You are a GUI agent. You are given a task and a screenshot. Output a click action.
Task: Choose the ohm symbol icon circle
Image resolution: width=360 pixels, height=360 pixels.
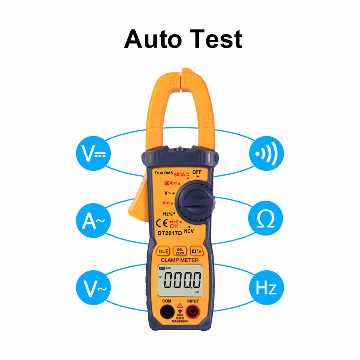[266, 220]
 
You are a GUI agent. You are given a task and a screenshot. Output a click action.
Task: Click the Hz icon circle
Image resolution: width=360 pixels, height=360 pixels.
[266, 287]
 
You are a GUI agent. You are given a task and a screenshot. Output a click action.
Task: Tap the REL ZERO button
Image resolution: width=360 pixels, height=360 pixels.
[180, 251]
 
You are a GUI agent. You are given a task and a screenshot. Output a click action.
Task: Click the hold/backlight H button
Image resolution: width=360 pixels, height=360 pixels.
[196, 251]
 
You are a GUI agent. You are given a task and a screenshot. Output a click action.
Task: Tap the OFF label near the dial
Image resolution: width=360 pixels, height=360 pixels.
[197, 172]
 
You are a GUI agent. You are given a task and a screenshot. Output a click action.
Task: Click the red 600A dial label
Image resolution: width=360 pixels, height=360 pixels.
[180, 175]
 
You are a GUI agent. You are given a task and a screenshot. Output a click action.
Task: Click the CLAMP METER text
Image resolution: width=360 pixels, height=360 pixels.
[180, 260]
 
